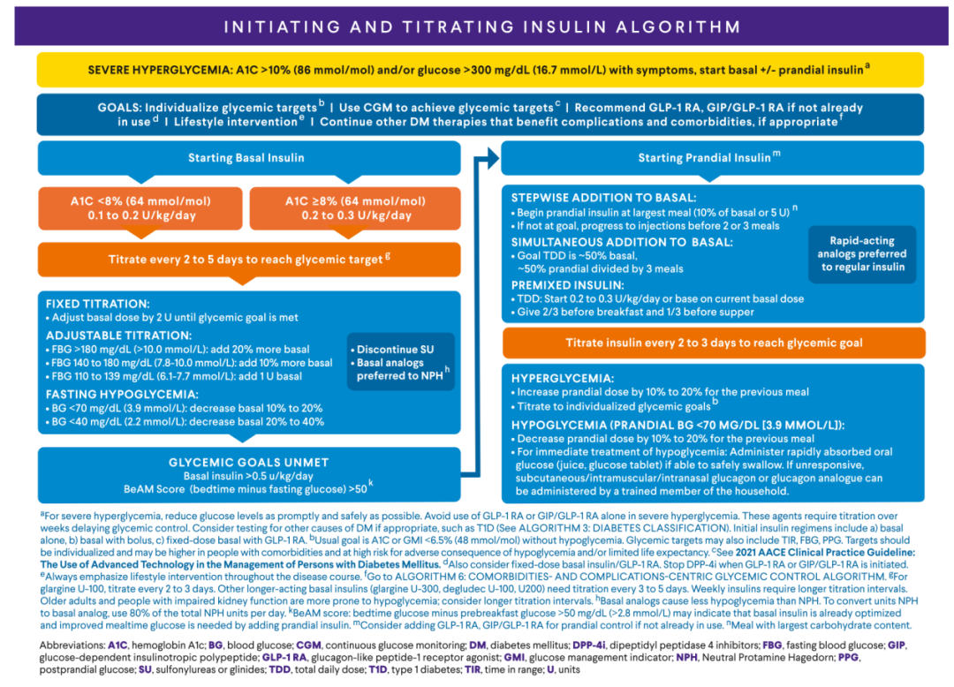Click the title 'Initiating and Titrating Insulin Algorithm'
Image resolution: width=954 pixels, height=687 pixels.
[x=481, y=26]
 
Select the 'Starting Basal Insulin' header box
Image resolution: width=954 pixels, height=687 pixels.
[x=246, y=158]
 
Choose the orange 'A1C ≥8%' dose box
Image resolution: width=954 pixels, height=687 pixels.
[x=353, y=208]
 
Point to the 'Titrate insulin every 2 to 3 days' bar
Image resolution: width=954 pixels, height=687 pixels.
[x=713, y=343]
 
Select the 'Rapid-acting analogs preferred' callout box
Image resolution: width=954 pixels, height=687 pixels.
[x=861, y=253]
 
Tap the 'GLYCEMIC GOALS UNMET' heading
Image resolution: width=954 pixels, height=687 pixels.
[x=248, y=462]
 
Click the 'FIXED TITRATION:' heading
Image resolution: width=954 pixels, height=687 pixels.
[x=97, y=303]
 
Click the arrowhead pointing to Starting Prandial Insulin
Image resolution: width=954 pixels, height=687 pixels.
[x=488, y=158]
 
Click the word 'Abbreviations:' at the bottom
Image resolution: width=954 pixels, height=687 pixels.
[x=73, y=645]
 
